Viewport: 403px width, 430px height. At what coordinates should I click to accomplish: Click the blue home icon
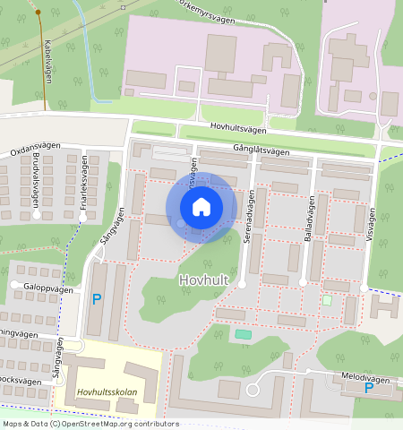[201, 208]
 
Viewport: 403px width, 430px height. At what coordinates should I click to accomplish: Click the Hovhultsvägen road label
[241, 129]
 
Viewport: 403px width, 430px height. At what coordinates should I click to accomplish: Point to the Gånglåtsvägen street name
[261, 151]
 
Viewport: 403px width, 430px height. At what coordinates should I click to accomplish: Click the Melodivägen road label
[366, 379]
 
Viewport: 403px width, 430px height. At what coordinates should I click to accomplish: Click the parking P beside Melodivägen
[368, 391]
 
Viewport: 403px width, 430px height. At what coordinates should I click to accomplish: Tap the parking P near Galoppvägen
[97, 299]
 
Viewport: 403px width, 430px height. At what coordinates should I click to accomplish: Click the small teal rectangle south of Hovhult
[243, 334]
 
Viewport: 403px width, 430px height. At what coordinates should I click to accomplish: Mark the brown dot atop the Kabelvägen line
[38, 13]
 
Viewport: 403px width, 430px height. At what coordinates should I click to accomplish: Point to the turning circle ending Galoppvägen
[16, 286]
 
